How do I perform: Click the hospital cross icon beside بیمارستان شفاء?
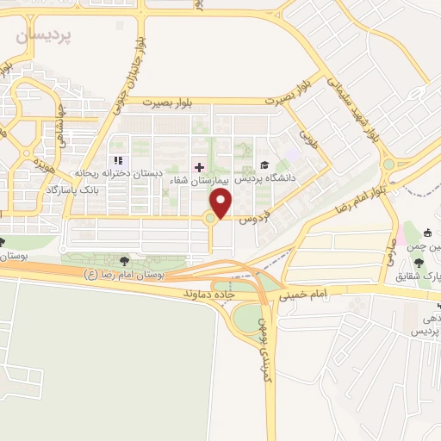200,165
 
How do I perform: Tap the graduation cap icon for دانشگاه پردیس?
264,165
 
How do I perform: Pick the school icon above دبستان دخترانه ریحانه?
119,160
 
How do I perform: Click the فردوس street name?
255,212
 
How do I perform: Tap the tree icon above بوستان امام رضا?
126,260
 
